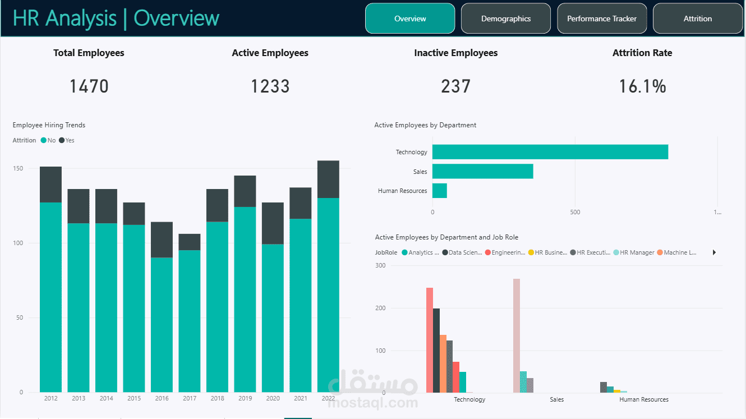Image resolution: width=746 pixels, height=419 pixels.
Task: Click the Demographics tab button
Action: click(x=505, y=19)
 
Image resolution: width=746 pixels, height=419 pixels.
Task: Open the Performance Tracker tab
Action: click(x=602, y=19)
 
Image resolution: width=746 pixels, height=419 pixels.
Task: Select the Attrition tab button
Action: click(x=697, y=19)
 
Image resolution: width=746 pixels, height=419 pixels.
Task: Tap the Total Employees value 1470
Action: click(x=89, y=86)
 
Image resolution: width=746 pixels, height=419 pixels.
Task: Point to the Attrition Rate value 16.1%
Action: click(x=642, y=86)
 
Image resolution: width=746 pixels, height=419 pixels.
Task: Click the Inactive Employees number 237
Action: click(x=455, y=86)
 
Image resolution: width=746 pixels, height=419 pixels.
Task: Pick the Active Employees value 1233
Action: click(x=270, y=86)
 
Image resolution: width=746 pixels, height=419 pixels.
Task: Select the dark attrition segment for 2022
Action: click(x=328, y=179)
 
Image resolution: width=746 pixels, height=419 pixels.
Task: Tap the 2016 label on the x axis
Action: click(x=162, y=399)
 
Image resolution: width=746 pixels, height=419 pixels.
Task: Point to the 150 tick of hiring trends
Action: click(x=18, y=168)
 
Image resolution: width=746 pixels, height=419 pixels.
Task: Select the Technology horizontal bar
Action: click(x=550, y=152)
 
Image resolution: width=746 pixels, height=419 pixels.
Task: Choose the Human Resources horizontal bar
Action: click(x=439, y=191)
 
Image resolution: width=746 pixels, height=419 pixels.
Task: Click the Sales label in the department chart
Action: click(x=420, y=172)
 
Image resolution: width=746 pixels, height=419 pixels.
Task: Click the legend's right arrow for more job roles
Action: click(x=714, y=252)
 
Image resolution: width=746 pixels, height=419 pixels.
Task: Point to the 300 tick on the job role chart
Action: click(x=380, y=265)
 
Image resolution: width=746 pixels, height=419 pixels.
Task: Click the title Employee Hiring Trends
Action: click(x=49, y=125)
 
